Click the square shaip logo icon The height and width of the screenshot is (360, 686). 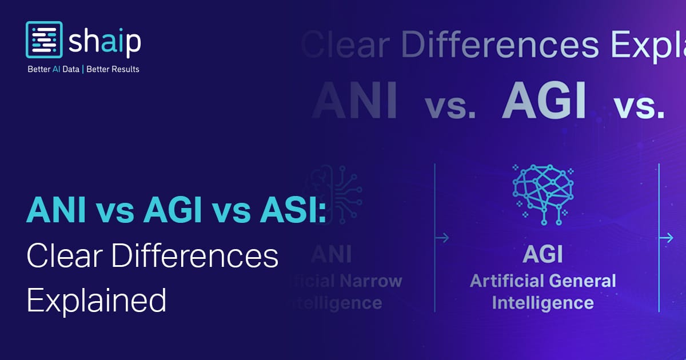point(44,40)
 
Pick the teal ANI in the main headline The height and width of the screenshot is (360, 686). point(56,211)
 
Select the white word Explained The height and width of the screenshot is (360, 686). point(96,299)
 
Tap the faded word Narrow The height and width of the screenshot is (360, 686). point(372,281)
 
